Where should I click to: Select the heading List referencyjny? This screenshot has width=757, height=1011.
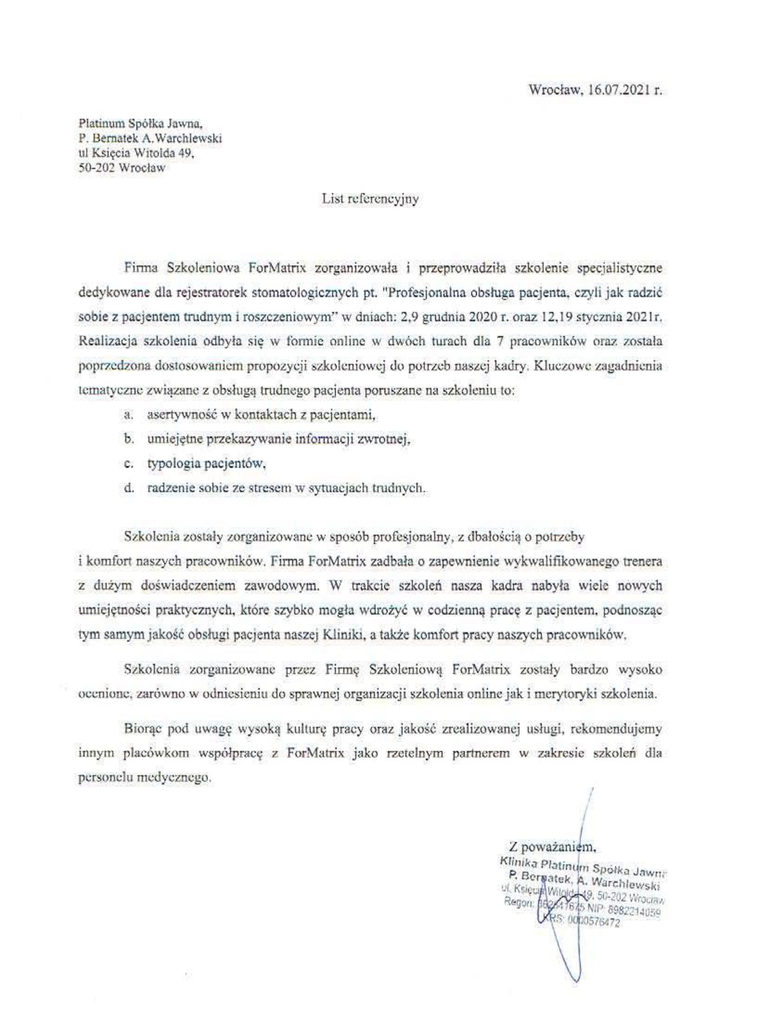click(370, 199)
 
